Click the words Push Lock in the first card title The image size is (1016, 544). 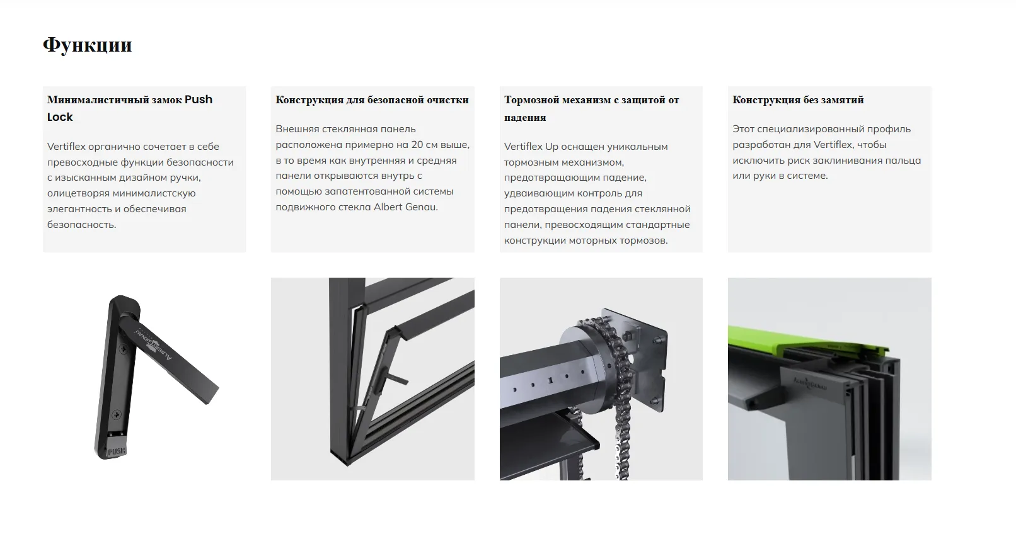[130, 108]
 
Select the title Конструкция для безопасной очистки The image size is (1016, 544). [372, 99]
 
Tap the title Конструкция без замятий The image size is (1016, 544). [798, 99]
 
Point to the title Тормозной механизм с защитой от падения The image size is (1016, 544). [591, 108]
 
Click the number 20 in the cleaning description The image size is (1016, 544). [417, 144]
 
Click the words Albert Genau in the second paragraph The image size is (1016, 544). [405, 207]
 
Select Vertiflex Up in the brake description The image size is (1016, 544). [531, 147]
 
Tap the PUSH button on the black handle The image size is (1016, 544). [116, 451]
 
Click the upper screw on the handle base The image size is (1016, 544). [123, 349]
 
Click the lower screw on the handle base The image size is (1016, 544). [117, 414]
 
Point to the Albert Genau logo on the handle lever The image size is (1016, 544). [153, 344]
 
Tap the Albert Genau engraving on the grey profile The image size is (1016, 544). [810, 383]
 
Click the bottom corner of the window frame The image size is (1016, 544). [347, 463]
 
